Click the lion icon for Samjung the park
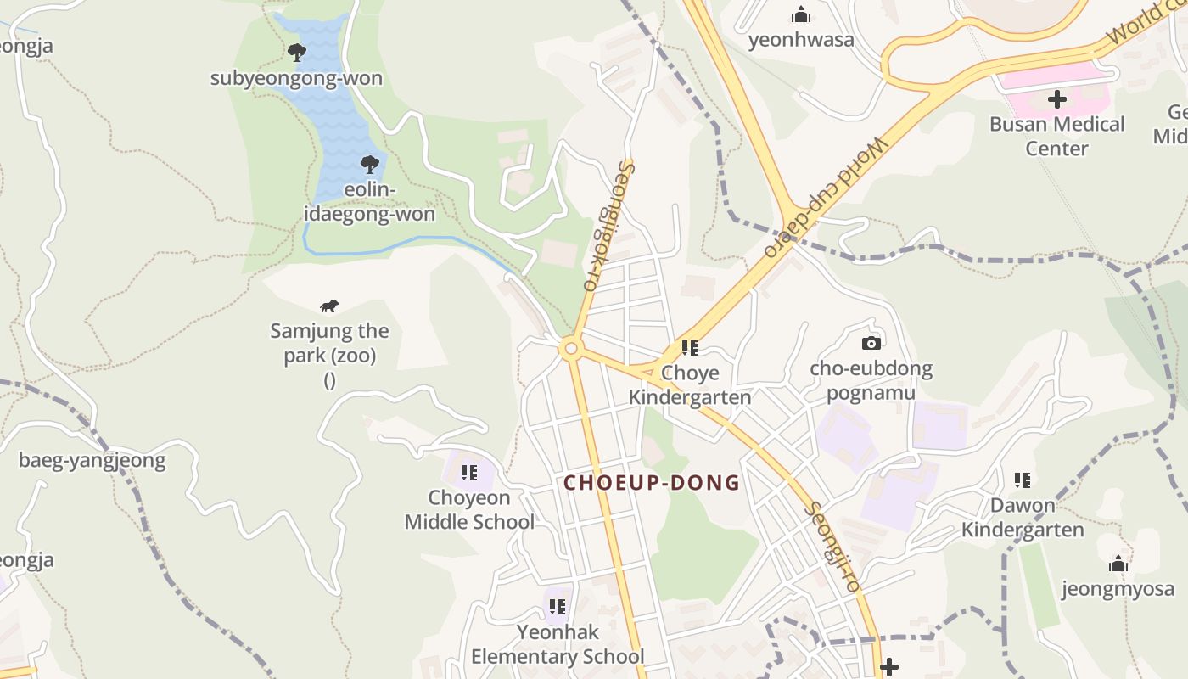[329, 306]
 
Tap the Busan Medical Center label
[1056, 136]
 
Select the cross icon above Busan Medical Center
[1056, 99]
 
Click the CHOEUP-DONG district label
[652, 483]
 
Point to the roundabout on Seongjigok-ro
[570, 348]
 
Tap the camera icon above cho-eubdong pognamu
[871, 344]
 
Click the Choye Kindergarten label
[690, 384]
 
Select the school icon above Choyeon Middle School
[469, 473]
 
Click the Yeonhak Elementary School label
[558, 644]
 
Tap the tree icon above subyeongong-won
[296, 53]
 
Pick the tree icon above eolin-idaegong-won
[369, 164]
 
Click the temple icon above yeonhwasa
[800, 14]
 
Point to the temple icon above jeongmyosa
[1118, 564]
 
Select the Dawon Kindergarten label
[1023, 517]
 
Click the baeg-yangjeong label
[92, 461]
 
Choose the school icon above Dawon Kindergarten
[1023, 480]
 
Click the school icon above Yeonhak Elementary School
[558, 607]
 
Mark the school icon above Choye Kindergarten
[690, 348]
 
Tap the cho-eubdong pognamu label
[871, 380]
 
